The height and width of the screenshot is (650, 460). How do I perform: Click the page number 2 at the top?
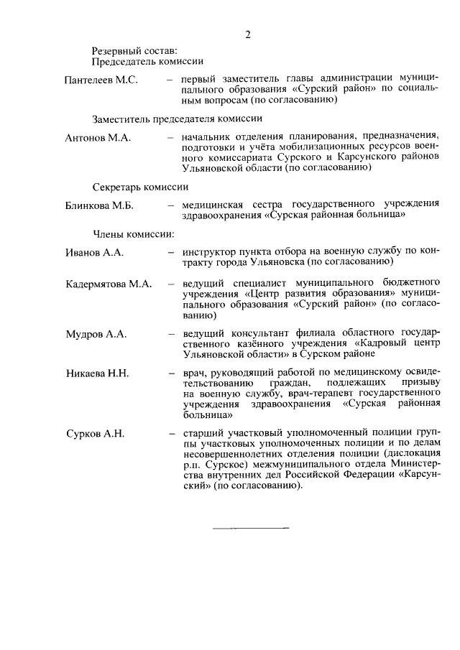tap(247, 34)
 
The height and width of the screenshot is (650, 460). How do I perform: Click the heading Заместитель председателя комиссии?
tap(176, 118)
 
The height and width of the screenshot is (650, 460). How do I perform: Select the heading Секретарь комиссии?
tap(140, 185)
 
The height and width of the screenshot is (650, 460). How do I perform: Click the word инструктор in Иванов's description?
tap(209, 253)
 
